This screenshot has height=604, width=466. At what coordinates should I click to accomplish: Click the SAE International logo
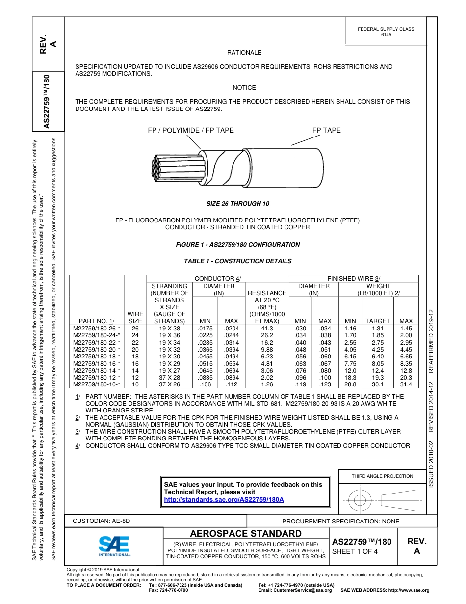click(x=114, y=546)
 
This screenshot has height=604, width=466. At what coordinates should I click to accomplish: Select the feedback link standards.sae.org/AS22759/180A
click(x=224, y=500)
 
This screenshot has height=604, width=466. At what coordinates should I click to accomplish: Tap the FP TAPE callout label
click(x=326, y=130)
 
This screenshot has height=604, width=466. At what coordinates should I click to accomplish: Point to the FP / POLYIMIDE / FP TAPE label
click(x=191, y=130)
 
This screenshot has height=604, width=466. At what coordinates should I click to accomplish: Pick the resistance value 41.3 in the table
click(x=267, y=328)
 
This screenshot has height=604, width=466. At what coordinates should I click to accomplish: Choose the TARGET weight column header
click(x=378, y=321)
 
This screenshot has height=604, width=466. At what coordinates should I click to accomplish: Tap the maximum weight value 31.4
click(x=406, y=384)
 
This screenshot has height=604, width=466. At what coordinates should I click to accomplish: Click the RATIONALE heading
click(x=244, y=53)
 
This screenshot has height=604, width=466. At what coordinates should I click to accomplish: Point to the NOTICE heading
click(x=244, y=88)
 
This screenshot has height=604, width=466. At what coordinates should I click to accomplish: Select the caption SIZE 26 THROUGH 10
click(x=237, y=204)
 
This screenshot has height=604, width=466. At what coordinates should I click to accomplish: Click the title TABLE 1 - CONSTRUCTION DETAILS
click(x=237, y=261)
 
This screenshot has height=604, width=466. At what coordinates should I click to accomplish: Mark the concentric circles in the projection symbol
click(x=360, y=501)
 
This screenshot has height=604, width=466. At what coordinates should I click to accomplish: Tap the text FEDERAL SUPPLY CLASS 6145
click(x=386, y=32)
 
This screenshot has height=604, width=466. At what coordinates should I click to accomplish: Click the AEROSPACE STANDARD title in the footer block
click(x=246, y=534)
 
